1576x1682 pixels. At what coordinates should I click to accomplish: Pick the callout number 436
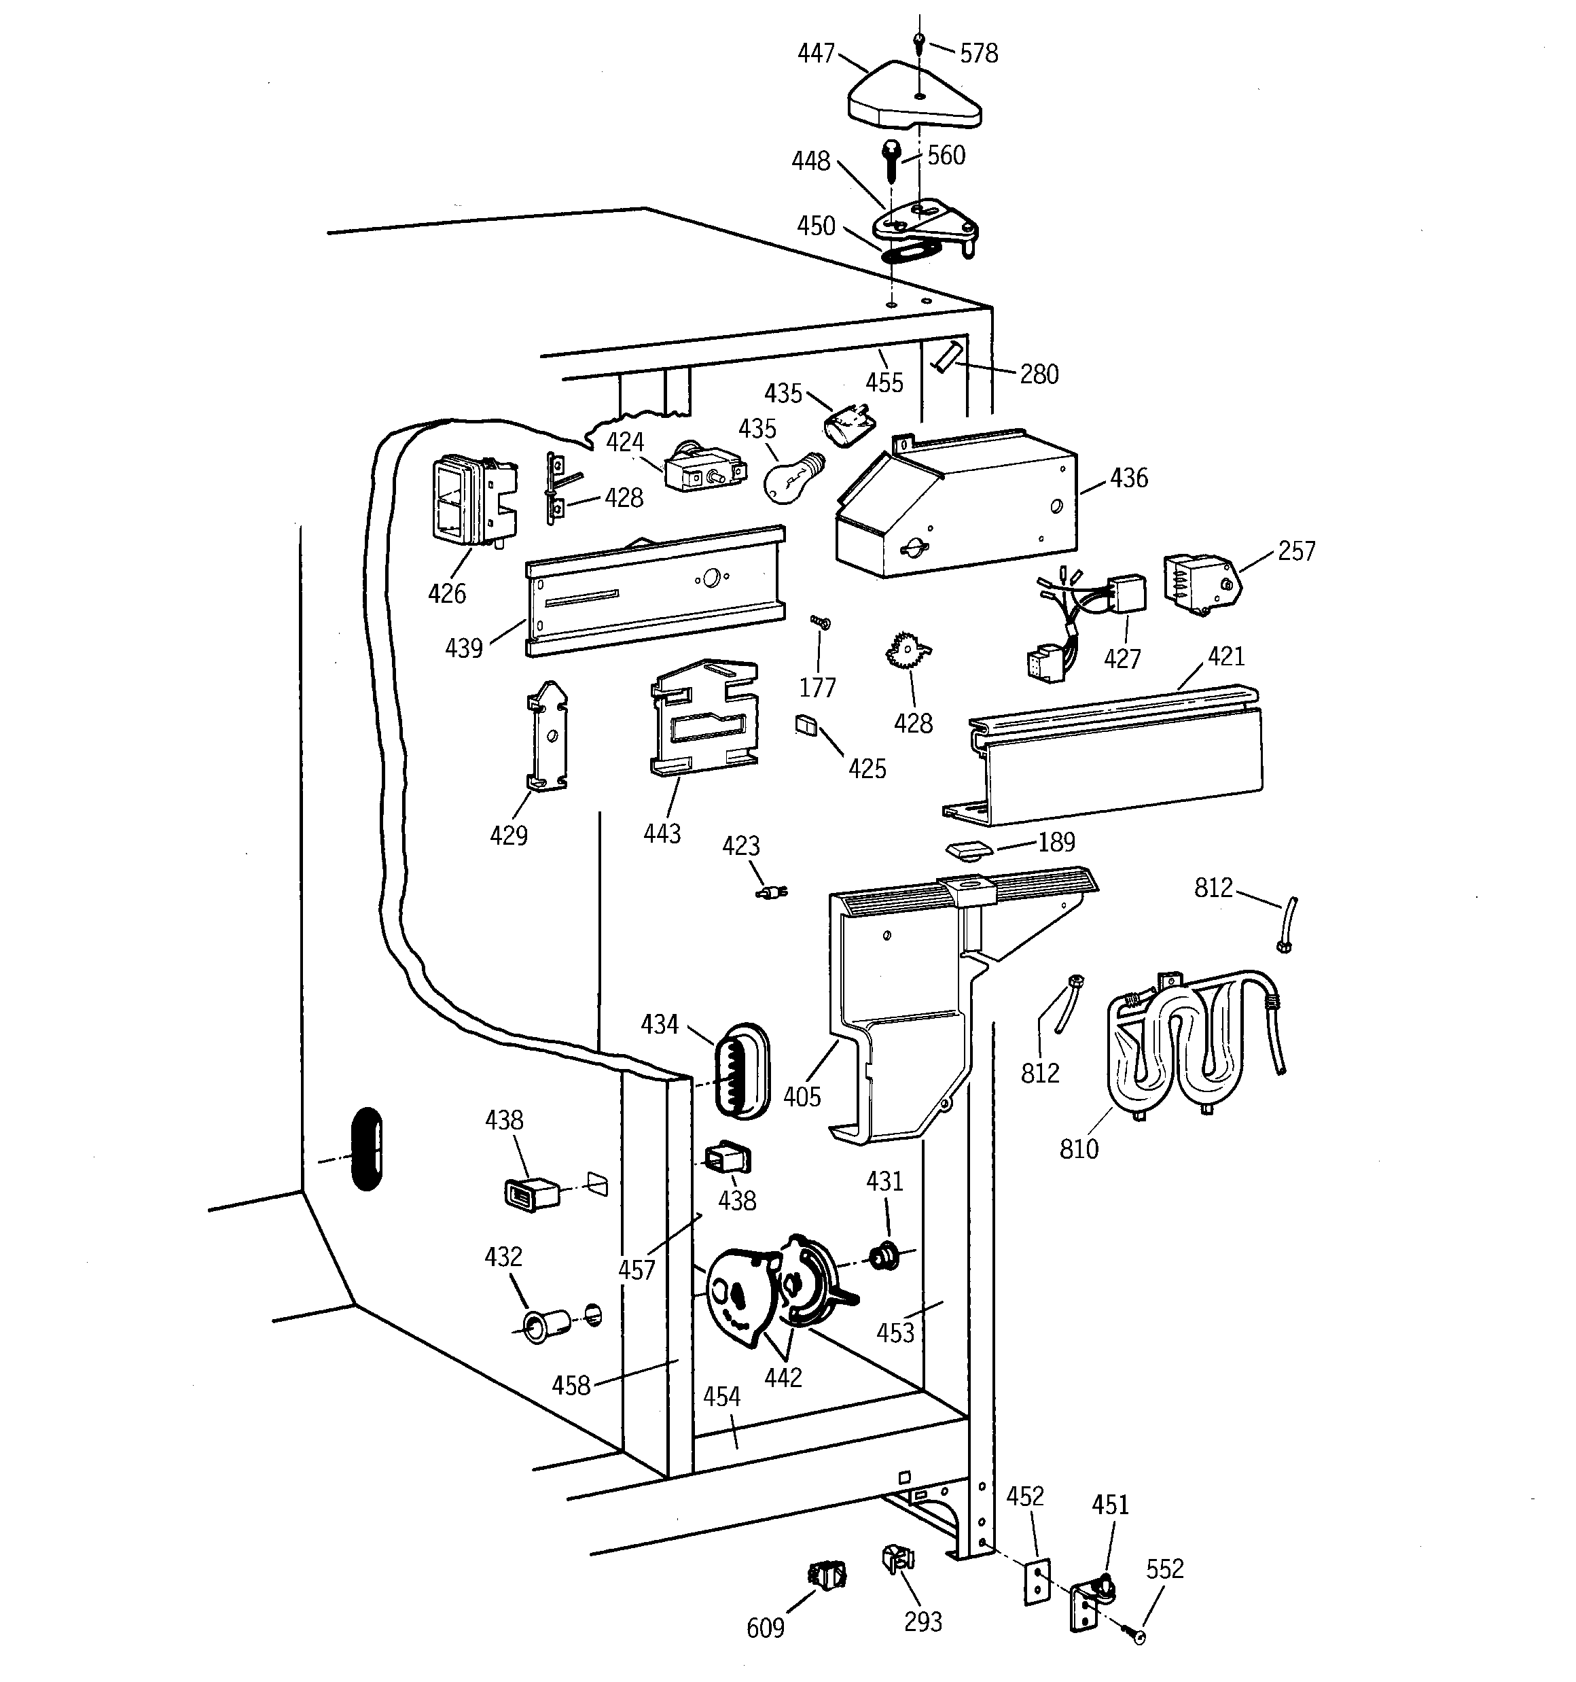(1128, 478)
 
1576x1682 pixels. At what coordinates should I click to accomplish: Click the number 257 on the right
(1296, 550)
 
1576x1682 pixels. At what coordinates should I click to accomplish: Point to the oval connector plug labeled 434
(742, 1070)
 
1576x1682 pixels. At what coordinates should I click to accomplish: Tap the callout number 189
(1056, 842)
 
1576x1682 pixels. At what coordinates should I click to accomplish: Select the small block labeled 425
(806, 725)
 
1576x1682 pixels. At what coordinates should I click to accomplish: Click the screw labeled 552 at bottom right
(1136, 1637)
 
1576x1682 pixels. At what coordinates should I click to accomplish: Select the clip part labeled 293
(896, 1558)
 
